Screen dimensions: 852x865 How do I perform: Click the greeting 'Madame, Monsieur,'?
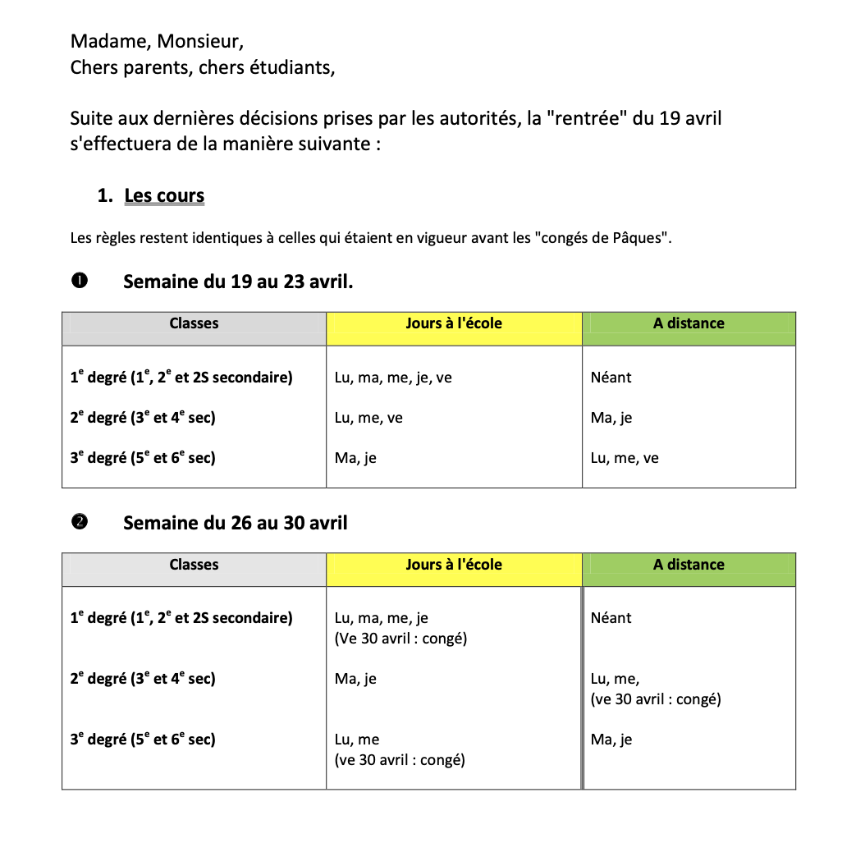tap(157, 40)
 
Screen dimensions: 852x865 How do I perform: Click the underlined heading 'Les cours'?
tap(164, 195)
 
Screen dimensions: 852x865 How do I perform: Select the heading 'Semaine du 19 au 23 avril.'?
tap(238, 282)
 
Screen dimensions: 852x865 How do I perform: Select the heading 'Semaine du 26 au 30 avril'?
tap(235, 523)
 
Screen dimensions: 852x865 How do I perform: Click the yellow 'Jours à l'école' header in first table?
tap(453, 323)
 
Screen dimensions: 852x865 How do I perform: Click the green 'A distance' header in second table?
tap(689, 565)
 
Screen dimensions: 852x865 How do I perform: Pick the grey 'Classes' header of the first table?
tap(194, 323)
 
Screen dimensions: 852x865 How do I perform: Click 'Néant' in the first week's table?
tap(611, 378)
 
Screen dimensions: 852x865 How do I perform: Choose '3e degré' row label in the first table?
tap(142, 457)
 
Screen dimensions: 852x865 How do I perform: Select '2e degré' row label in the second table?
tap(142, 679)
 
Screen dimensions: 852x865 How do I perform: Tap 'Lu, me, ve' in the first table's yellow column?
tap(368, 418)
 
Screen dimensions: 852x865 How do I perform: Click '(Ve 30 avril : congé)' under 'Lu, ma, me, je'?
tap(400, 639)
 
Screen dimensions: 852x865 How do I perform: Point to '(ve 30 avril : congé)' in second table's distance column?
tap(655, 699)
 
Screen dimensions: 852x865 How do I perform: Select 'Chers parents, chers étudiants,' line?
tap(203, 67)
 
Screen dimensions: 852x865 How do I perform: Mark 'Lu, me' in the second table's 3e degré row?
tap(357, 740)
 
